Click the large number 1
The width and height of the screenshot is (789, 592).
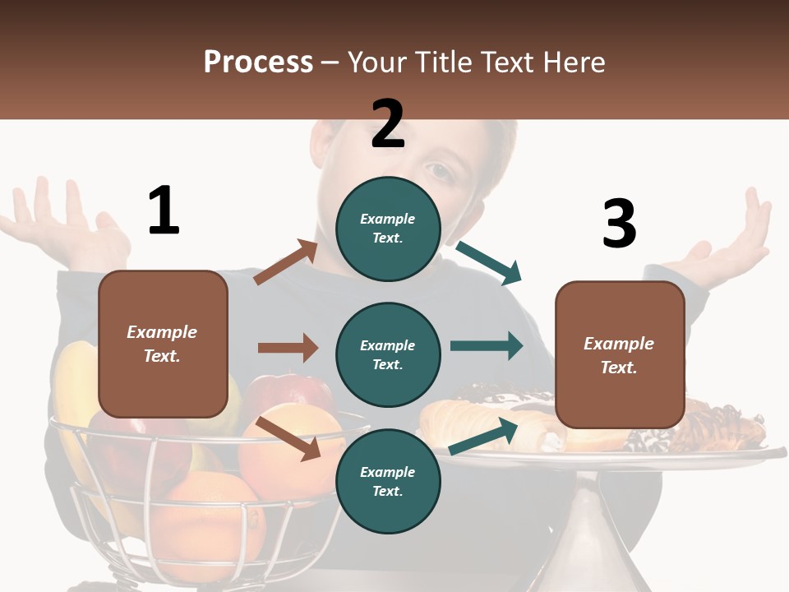point(164,210)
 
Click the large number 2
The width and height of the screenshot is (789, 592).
point(388,124)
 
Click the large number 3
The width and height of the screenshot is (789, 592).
point(619,224)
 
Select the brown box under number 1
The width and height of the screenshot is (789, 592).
point(163,344)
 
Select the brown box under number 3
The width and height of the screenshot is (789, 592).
point(620,354)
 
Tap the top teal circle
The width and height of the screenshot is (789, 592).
point(388,228)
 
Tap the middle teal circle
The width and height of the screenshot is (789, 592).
point(388,354)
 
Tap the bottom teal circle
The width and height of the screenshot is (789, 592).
point(388,481)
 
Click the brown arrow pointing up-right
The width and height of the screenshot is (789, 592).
point(286,262)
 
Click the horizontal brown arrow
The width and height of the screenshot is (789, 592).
point(288,348)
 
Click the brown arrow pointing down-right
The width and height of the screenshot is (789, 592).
point(288,437)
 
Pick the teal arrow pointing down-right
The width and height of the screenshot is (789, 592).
point(490,262)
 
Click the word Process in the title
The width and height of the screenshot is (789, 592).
point(258,62)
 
